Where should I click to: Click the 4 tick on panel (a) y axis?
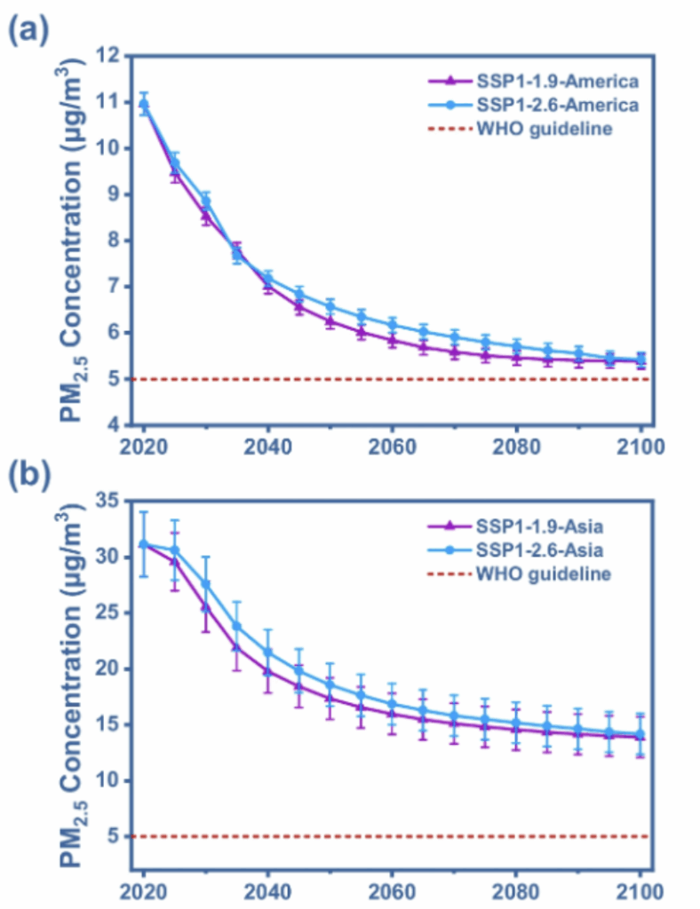pyautogui.click(x=113, y=425)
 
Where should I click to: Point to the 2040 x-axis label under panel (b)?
pyautogui.click(x=267, y=890)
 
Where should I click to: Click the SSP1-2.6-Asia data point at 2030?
pyautogui.click(x=206, y=584)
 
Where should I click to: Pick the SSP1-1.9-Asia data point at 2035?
pyautogui.click(x=236, y=647)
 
